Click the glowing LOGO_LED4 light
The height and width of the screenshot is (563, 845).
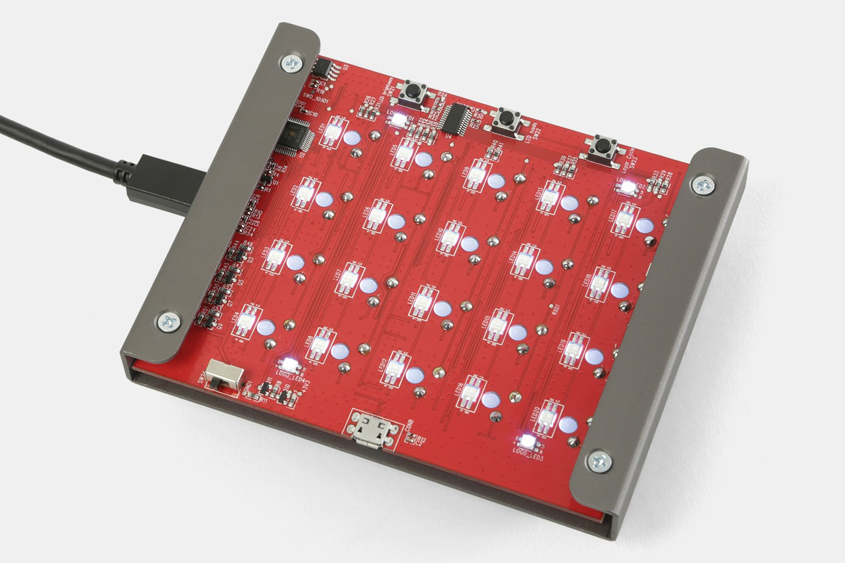[x=290, y=363]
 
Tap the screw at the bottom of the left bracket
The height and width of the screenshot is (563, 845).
[x=167, y=321]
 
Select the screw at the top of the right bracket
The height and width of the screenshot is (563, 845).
[x=702, y=184]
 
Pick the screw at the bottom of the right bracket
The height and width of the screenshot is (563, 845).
[x=598, y=461]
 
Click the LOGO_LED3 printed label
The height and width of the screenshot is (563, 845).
[x=528, y=455]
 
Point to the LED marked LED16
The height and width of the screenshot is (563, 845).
[x=468, y=395]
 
